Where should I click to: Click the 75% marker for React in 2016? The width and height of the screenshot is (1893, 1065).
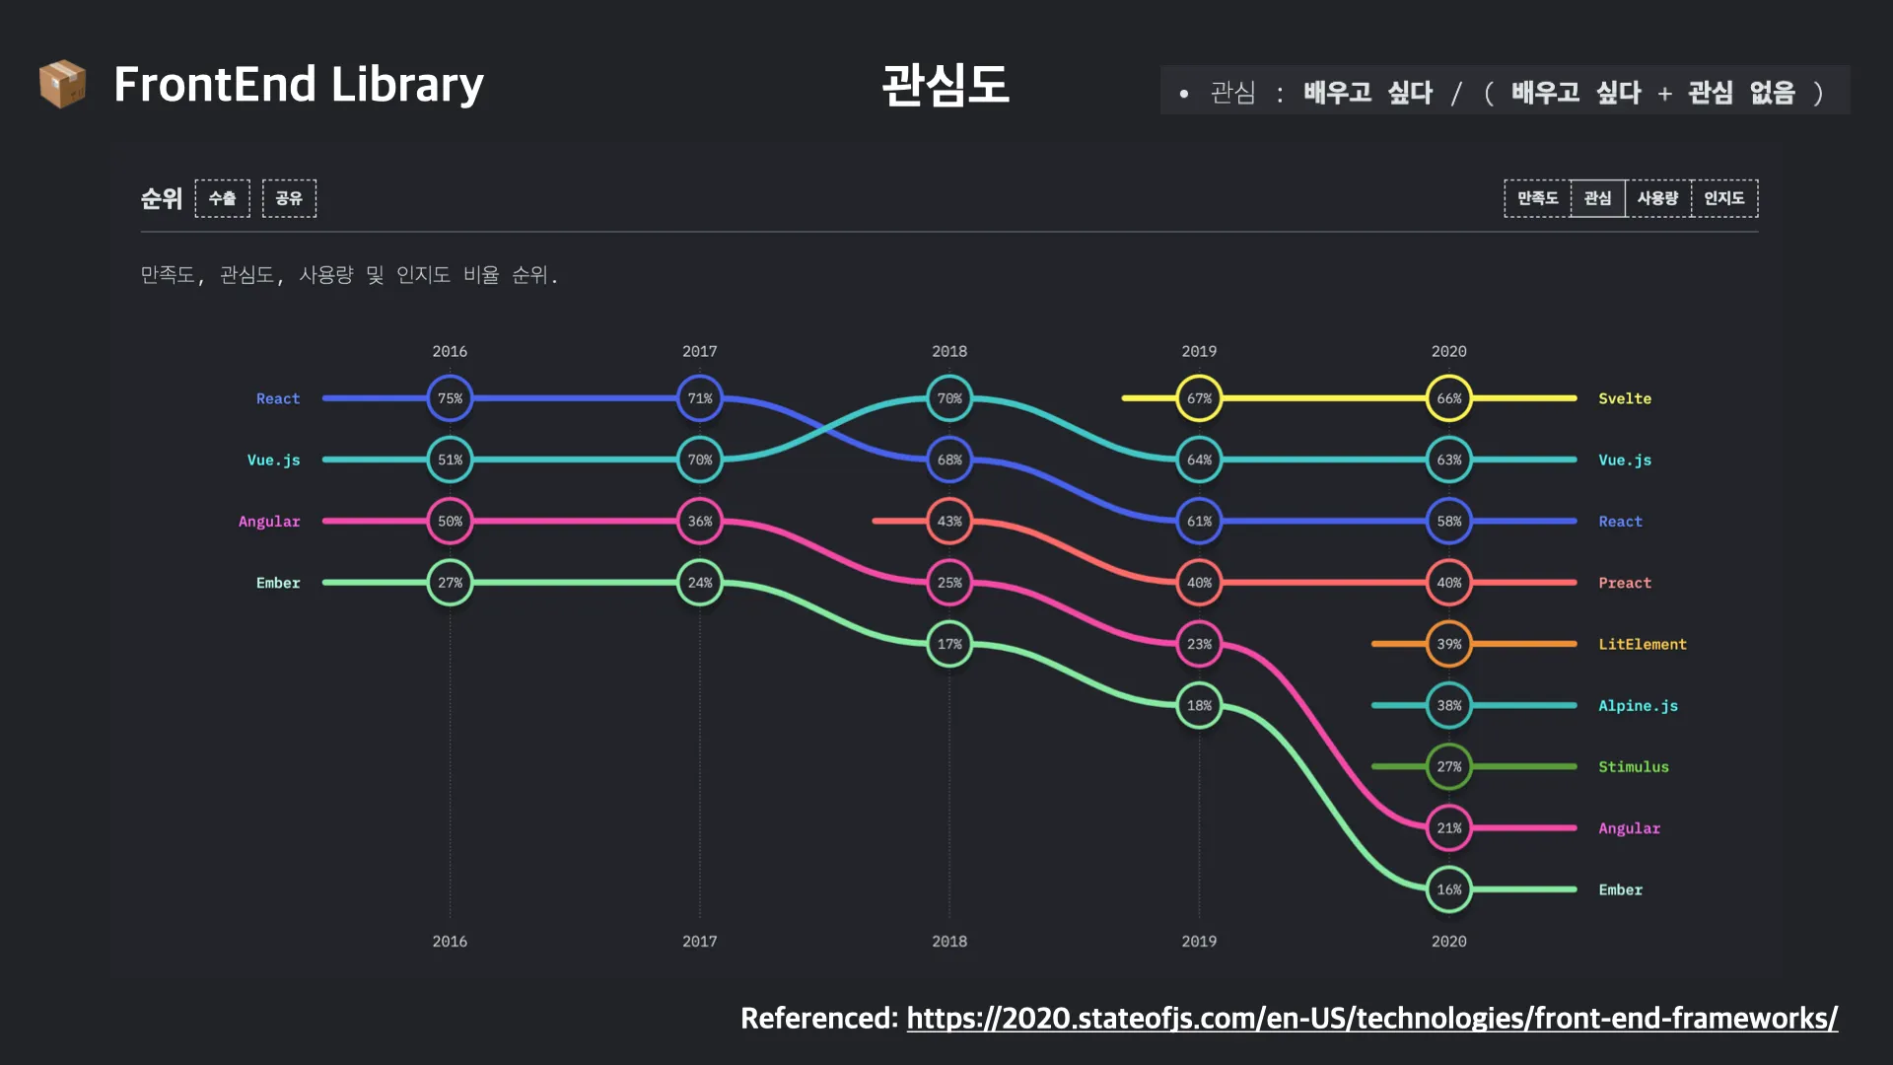coord(450,398)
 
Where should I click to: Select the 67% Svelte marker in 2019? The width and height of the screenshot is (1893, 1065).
coord(1199,398)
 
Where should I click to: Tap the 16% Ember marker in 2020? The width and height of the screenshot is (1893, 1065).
coord(1448,889)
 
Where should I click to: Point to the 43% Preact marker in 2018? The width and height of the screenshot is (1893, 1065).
coord(949,521)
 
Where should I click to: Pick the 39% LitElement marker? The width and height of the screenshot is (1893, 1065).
coord(1448,644)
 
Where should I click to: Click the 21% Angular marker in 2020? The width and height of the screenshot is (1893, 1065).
coord(1448,828)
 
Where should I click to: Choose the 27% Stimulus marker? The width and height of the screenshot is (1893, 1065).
coord(1448,766)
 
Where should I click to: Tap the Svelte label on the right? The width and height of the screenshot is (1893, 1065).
coord(1624,398)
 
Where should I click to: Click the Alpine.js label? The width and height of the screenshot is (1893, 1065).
coord(1638,705)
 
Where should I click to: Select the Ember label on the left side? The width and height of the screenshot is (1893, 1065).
coord(278,583)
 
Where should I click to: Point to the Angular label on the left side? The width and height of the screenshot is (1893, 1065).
coord(269,521)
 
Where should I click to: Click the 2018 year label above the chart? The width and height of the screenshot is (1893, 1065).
coord(949,351)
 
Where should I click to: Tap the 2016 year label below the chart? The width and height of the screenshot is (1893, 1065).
coord(450,941)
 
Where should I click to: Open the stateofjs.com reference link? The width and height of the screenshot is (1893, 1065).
coord(1371,1018)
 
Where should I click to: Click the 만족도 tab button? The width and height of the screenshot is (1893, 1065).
coord(1537,198)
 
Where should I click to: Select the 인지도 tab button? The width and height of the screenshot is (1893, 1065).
coord(1723,198)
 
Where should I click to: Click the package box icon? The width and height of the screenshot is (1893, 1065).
coord(62,84)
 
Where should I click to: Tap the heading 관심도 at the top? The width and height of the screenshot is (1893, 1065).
coord(945,85)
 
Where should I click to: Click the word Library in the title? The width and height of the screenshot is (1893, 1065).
coord(407,85)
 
